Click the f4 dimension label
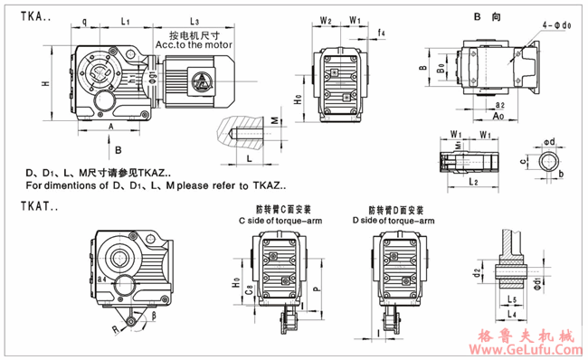click(382, 33)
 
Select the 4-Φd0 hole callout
click(555, 29)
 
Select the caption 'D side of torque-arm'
click(390, 221)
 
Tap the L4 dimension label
click(512, 313)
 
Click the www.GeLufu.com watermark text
click(526, 348)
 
